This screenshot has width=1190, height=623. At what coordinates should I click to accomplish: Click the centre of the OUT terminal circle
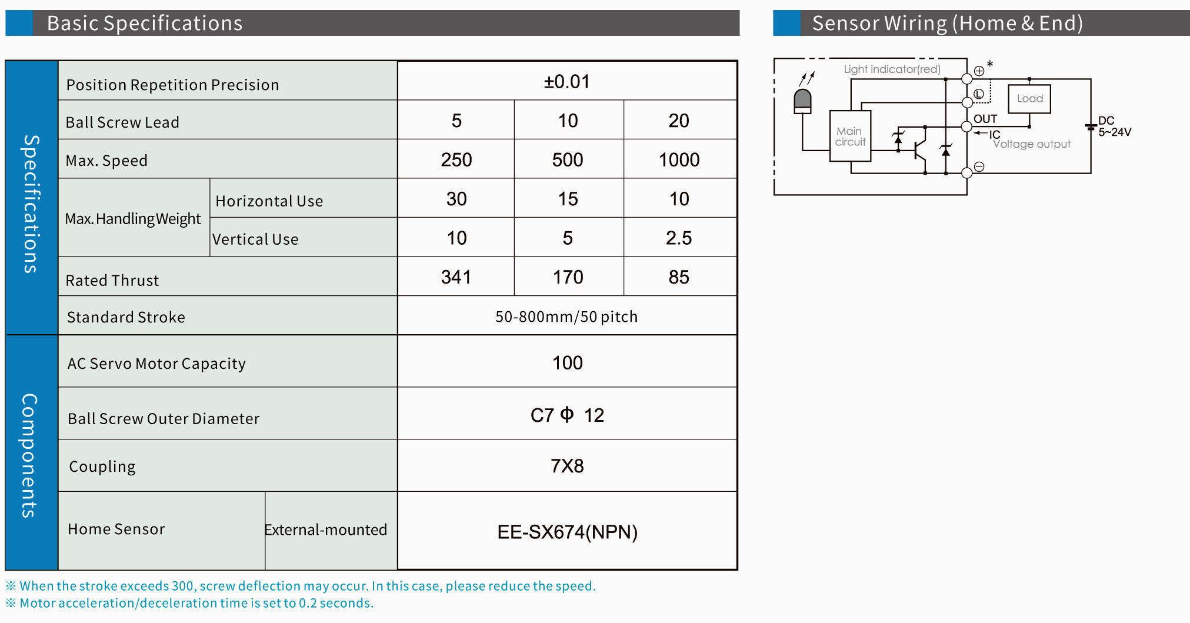[x=966, y=126]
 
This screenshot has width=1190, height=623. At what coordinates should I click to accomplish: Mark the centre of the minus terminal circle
[x=966, y=173]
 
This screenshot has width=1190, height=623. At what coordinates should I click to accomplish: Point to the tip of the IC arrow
[x=974, y=134]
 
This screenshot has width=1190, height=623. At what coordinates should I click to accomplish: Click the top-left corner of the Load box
[x=1009, y=85]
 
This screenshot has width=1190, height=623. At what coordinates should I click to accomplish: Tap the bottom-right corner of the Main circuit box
[x=871, y=161]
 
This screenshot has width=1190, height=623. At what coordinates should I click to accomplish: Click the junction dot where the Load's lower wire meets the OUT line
[x=1029, y=126]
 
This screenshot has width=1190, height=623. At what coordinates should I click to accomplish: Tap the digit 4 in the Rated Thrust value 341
[x=456, y=277]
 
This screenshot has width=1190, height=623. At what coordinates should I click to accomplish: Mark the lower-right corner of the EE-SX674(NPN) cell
[x=737, y=569]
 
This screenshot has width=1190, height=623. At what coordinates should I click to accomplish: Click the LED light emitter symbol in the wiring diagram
[x=802, y=101]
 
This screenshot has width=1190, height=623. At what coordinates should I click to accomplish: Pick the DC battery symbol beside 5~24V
[x=1091, y=126]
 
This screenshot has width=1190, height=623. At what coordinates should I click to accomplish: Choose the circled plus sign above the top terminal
[x=979, y=71]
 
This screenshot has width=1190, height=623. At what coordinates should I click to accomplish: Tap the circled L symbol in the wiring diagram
[x=979, y=94]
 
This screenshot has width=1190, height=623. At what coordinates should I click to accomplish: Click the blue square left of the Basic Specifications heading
[x=19, y=23]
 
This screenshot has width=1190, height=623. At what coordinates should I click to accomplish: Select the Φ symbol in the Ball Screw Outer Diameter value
[x=567, y=415]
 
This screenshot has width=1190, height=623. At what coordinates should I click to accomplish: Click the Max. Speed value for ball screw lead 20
[x=679, y=159]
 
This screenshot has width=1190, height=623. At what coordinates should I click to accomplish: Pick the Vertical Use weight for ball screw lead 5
[x=456, y=238]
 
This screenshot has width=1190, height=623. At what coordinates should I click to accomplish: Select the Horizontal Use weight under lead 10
[x=568, y=199]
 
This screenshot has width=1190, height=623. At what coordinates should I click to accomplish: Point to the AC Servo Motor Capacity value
[x=567, y=362]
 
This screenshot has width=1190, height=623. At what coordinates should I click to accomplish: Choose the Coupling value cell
[x=567, y=466]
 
